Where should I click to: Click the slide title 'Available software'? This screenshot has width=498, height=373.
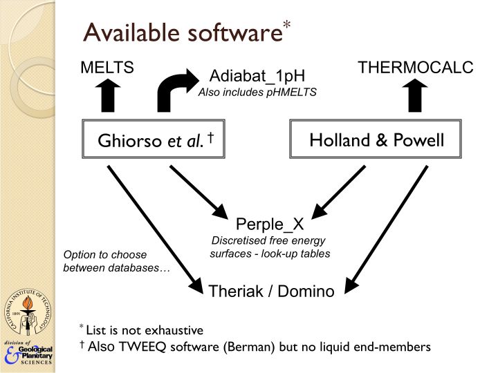coord(183,32)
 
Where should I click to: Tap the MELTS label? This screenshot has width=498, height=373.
coord(107,68)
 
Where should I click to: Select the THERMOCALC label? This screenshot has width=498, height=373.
coord(415,68)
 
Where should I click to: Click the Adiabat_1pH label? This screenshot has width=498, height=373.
coord(257,76)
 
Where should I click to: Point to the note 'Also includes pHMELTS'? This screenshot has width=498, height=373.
coord(257,91)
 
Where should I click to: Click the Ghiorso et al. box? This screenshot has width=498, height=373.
coord(156,141)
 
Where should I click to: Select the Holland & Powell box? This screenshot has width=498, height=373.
coord(376,141)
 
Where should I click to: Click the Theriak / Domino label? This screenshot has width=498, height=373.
coord(271,291)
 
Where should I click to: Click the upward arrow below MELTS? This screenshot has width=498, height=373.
coord(108,95)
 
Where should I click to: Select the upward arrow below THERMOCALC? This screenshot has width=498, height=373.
coord(416,95)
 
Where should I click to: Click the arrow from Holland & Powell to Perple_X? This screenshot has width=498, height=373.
coord(342,189)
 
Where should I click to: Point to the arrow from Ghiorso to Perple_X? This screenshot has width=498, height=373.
coord(200,189)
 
